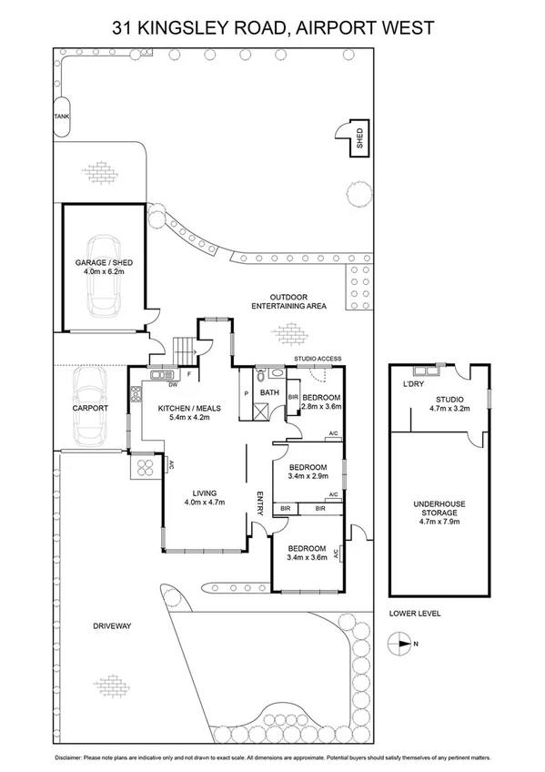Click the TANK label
(x=61, y=117)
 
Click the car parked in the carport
(x=90, y=408)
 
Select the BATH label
(x=269, y=393)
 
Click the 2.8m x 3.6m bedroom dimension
(x=321, y=409)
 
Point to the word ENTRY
(x=260, y=504)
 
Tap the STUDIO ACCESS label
(x=318, y=359)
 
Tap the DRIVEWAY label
(x=113, y=626)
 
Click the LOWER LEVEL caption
(x=414, y=614)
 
